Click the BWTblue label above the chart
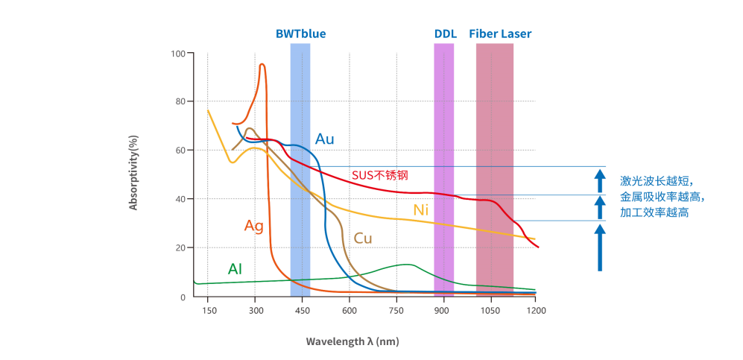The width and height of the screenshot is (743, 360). tap(300, 34)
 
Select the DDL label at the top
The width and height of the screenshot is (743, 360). tap(445, 34)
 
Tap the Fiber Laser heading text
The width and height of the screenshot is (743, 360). tap(500, 34)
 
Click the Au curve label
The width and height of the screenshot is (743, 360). tap(325, 139)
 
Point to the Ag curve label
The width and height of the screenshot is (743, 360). tap(254, 226)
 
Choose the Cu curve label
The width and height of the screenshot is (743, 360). tap(363, 239)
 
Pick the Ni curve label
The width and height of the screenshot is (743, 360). tap(421, 210)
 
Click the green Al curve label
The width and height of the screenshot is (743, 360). tap(235, 269)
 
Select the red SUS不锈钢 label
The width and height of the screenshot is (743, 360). tap(380, 176)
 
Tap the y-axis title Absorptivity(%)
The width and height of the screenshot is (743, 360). tap(134, 173)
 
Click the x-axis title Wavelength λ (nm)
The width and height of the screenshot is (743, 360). tap(352, 341)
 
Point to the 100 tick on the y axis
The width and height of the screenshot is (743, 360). tap(177, 54)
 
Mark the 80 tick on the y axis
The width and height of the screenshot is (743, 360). tap(180, 101)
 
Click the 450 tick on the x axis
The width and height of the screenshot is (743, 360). tap(303, 310)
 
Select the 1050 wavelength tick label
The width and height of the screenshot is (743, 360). tap(488, 310)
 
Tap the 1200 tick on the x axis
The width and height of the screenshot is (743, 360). tap(535, 310)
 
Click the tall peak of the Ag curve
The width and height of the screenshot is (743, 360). tap(262, 66)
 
